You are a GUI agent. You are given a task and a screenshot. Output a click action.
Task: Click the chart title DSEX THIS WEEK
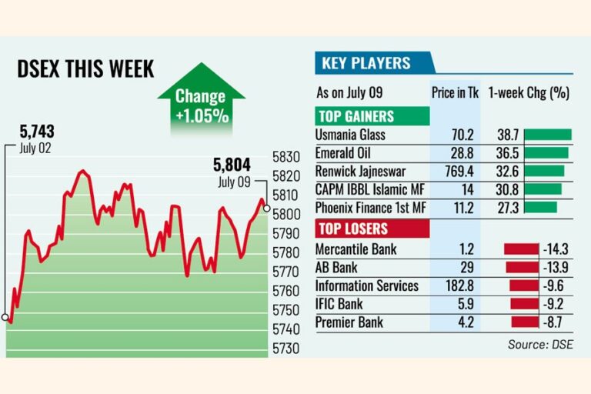point(85,69)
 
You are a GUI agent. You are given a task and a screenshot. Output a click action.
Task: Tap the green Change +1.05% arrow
point(202,98)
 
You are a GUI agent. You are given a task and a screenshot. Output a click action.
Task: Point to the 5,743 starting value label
point(37,132)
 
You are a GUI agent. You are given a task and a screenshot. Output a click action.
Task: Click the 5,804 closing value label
point(232,165)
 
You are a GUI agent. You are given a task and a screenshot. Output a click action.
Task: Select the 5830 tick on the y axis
point(286,157)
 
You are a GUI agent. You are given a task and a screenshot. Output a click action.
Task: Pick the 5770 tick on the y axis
point(286,272)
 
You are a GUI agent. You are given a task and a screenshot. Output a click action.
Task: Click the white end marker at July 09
point(266,208)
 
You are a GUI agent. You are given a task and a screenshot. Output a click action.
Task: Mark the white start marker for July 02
point(5,317)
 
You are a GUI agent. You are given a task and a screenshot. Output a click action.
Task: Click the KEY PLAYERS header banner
point(375,63)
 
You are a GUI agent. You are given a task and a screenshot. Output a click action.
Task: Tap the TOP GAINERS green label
point(372,116)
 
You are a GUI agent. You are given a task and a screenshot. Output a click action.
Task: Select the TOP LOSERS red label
point(372,229)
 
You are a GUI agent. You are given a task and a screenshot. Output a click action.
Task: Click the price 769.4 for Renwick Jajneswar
point(459,171)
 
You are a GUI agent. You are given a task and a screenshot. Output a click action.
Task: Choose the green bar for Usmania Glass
point(548,135)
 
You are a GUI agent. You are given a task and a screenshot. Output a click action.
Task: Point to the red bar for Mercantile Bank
point(521,249)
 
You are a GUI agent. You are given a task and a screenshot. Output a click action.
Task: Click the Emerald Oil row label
point(342,153)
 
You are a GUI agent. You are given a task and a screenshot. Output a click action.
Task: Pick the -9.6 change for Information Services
point(553,285)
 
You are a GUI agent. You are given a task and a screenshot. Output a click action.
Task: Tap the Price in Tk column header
point(455,93)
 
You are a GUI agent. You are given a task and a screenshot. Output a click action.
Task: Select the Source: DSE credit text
point(540,344)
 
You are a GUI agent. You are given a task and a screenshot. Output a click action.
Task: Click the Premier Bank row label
point(349,322)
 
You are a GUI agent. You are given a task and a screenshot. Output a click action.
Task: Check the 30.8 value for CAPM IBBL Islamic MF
point(507,189)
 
